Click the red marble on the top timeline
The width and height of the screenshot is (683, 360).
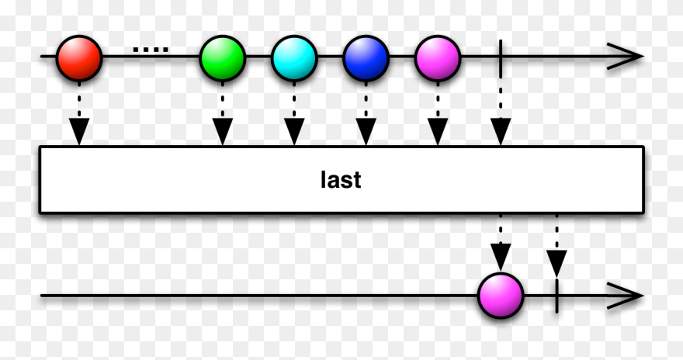click(79, 57)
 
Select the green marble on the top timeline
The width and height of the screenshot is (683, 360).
click(222, 57)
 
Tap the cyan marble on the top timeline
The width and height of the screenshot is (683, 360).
click(294, 57)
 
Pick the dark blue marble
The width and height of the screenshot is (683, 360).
click(366, 57)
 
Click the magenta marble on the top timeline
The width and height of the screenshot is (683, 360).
click(438, 57)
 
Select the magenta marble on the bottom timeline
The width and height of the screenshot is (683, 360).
click(501, 296)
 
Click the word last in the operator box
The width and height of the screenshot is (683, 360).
click(341, 180)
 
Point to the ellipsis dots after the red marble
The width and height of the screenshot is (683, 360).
click(150, 50)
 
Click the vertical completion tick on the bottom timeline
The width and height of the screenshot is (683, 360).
click(556, 295)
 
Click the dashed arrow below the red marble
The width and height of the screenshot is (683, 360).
click(79, 116)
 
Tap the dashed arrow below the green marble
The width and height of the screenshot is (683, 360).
click(222, 116)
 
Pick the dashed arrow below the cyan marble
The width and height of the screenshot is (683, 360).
click(294, 116)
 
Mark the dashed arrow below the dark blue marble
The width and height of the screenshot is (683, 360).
click(366, 116)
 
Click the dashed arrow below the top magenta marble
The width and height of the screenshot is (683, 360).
click(438, 116)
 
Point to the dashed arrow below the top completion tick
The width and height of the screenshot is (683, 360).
click(501, 116)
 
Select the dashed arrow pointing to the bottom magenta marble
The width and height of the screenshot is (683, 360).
click(501, 242)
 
